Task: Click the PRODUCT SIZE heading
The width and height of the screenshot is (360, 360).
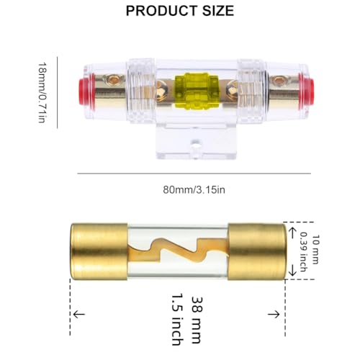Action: tap(179, 11)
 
